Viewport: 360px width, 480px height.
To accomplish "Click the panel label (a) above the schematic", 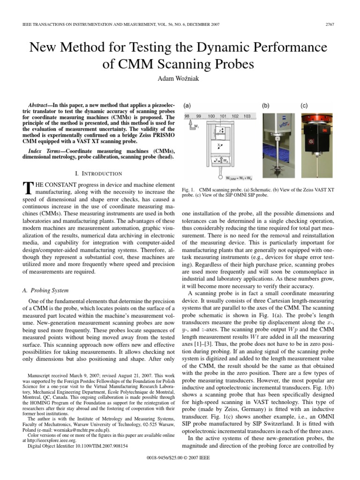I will click(187, 106).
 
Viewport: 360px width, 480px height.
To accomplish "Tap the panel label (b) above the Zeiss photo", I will click(266, 106).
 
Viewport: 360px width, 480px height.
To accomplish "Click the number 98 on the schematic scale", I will click(187, 116).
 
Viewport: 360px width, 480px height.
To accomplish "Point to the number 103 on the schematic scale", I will click(247, 116).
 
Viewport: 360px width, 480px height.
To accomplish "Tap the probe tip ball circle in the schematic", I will click(219, 178).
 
